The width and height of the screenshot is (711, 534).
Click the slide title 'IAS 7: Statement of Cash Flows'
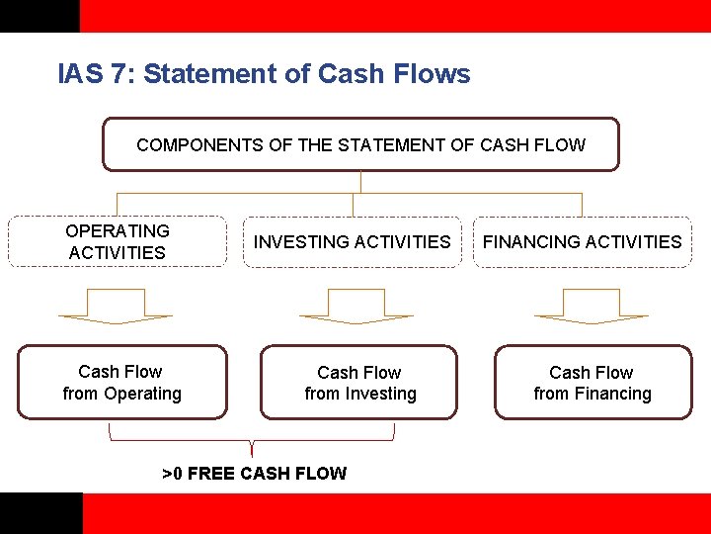click(x=264, y=74)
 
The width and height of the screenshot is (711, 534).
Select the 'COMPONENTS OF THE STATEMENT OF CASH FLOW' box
click(x=360, y=145)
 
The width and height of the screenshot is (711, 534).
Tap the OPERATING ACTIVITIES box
click(x=117, y=241)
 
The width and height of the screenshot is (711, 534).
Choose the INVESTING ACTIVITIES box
click(x=352, y=241)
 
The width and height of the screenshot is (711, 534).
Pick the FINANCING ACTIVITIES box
click(x=582, y=241)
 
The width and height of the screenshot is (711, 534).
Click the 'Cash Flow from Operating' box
click(x=121, y=383)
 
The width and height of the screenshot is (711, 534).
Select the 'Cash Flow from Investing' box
click(x=359, y=383)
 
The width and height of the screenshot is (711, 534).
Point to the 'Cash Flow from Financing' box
click(x=592, y=383)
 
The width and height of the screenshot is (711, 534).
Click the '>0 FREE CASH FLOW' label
click(x=254, y=473)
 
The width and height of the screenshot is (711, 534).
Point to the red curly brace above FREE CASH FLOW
click(x=253, y=436)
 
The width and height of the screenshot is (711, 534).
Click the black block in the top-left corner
click(x=39, y=16)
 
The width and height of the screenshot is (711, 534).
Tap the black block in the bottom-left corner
click(x=40, y=513)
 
